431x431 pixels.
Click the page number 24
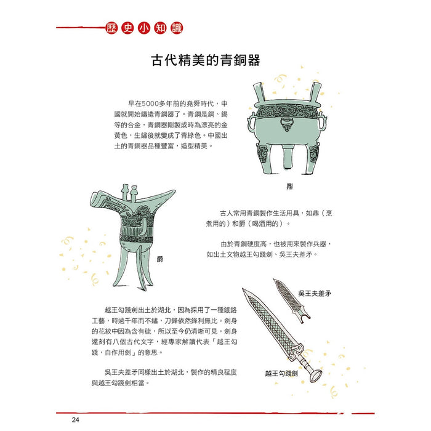coord(75,420)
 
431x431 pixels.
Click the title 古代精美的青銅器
coord(206,61)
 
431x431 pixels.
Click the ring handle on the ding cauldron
coord(288,127)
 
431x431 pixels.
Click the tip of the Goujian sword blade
coord(246,291)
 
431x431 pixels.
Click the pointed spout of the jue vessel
coord(92,196)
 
